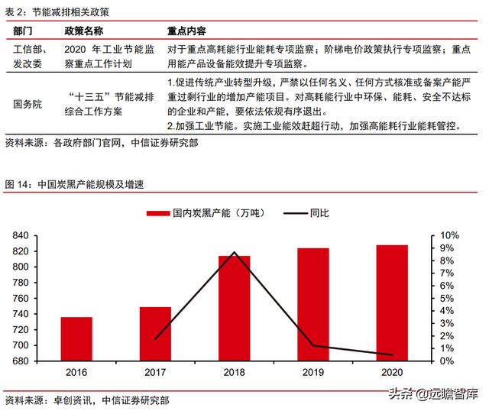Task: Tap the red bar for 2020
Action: pos(392,303)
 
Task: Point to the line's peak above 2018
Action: pos(234,252)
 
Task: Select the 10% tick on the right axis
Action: pos(449,235)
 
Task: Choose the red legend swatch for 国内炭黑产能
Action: pos(158,213)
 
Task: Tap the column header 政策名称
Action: pos(84,31)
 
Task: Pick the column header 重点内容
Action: pos(186,31)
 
